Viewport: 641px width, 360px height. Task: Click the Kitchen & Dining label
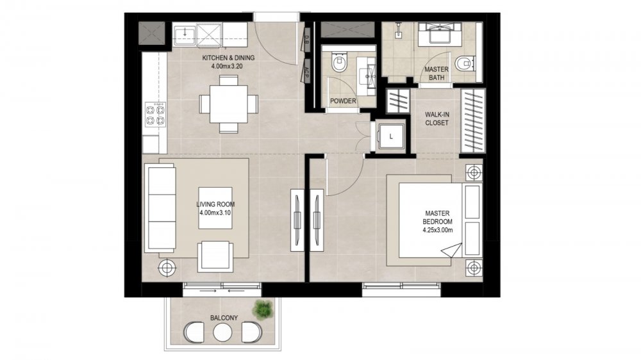(228, 61)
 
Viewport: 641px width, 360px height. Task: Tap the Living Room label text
(215, 208)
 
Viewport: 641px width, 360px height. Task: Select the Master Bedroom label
(437, 222)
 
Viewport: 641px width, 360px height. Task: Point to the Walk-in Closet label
(437, 119)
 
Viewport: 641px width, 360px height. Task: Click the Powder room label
(343, 101)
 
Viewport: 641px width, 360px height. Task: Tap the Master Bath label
(436, 73)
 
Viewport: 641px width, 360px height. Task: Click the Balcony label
(224, 318)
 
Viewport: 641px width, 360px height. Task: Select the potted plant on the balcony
(262, 309)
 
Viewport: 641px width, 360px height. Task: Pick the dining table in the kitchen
(229, 104)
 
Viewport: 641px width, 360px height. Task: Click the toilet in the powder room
(339, 62)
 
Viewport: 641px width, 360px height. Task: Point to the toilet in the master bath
(465, 63)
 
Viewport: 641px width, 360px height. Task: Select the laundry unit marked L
(391, 136)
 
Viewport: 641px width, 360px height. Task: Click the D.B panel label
(306, 40)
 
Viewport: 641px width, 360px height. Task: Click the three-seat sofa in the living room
(160, 208)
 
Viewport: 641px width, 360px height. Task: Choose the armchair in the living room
(215, 257)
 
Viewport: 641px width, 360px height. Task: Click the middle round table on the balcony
(223, 332)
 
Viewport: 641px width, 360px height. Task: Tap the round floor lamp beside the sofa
(167, 268)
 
